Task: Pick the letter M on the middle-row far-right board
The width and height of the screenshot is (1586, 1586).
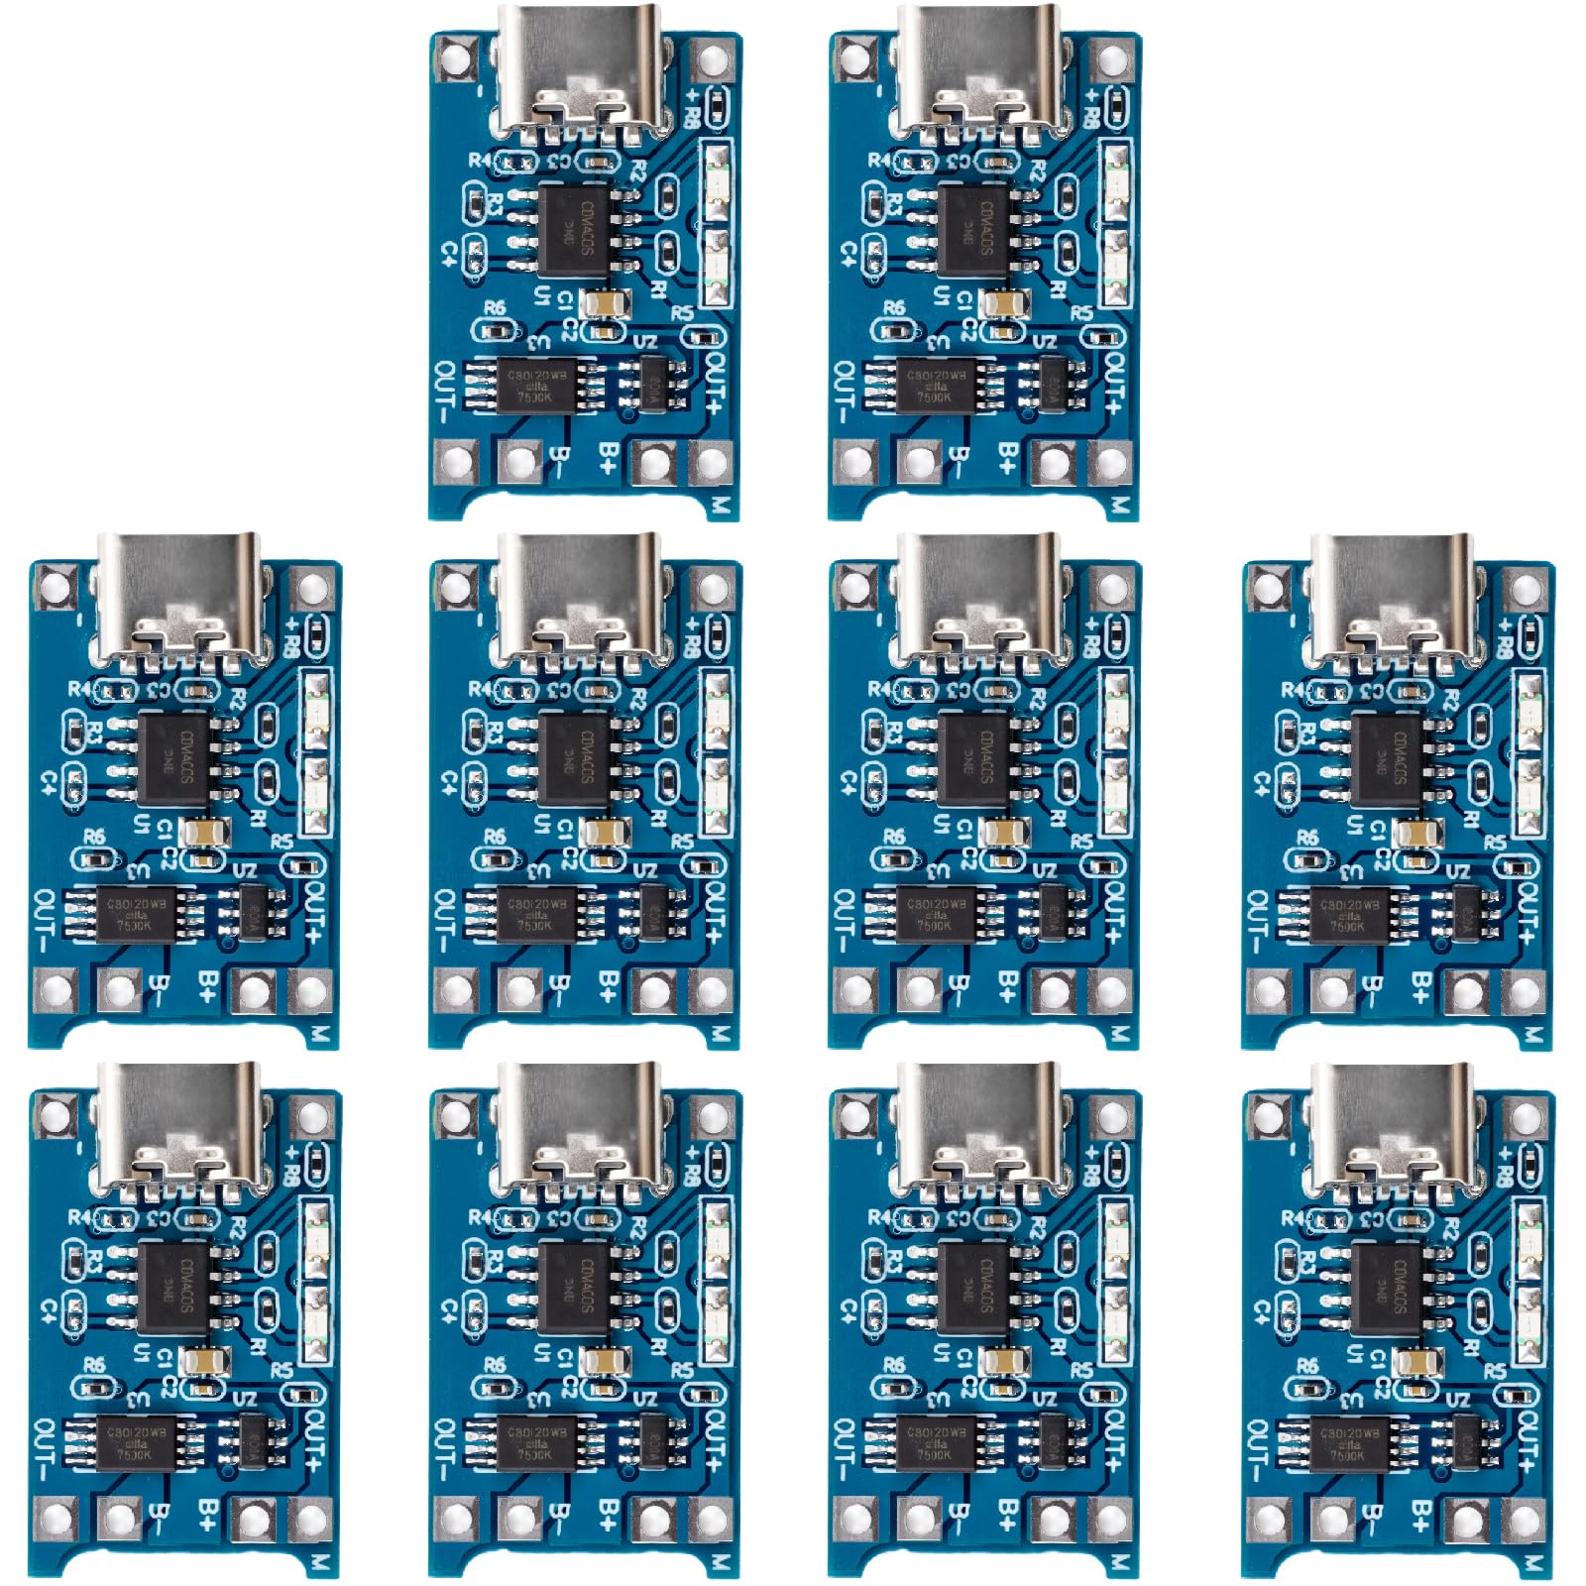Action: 1532,1034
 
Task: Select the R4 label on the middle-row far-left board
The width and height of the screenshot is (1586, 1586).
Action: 78,688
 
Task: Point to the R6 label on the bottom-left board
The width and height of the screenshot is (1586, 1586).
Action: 94,1366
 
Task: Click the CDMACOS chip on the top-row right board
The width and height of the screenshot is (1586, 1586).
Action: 971,229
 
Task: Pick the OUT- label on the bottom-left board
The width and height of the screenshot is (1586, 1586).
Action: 45,1446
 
